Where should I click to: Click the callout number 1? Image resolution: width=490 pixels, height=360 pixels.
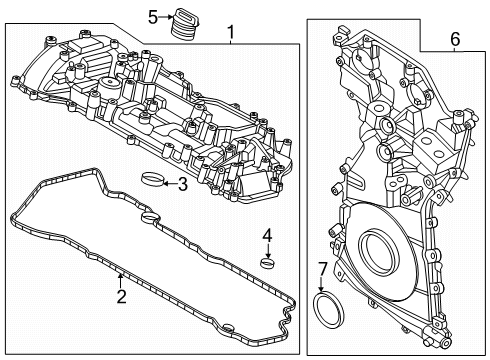click(232, 33)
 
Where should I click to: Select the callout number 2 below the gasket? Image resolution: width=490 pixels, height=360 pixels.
click(121, 296)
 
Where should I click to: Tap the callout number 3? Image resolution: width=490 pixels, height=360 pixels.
click(182, 183)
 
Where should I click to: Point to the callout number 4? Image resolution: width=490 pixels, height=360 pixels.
click(267, 237)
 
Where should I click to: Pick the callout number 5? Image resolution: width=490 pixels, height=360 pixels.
click(153, 16)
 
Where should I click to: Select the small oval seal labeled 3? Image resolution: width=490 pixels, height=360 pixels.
click(151, 181)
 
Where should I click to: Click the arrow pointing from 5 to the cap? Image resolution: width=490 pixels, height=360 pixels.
click(166, 17)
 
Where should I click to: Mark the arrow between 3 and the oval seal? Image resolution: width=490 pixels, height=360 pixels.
click(168, 183)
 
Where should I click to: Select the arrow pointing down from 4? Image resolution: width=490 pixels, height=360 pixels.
click(267, 250)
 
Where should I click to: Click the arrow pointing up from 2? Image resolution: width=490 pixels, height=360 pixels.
click(121, 281)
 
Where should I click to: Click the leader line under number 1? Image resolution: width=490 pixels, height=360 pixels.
click(232, 43)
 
